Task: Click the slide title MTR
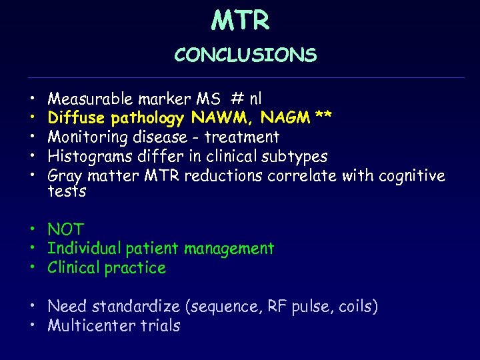pos(240,21)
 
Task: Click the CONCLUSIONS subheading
pos(245,55)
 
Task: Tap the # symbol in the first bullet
pos(237,99)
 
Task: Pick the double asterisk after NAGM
pos(324,118)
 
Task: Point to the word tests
pos(67,192)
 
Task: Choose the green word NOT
pos(65,230)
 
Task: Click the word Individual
pos(87,249)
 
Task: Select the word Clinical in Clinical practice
pos(75,268)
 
